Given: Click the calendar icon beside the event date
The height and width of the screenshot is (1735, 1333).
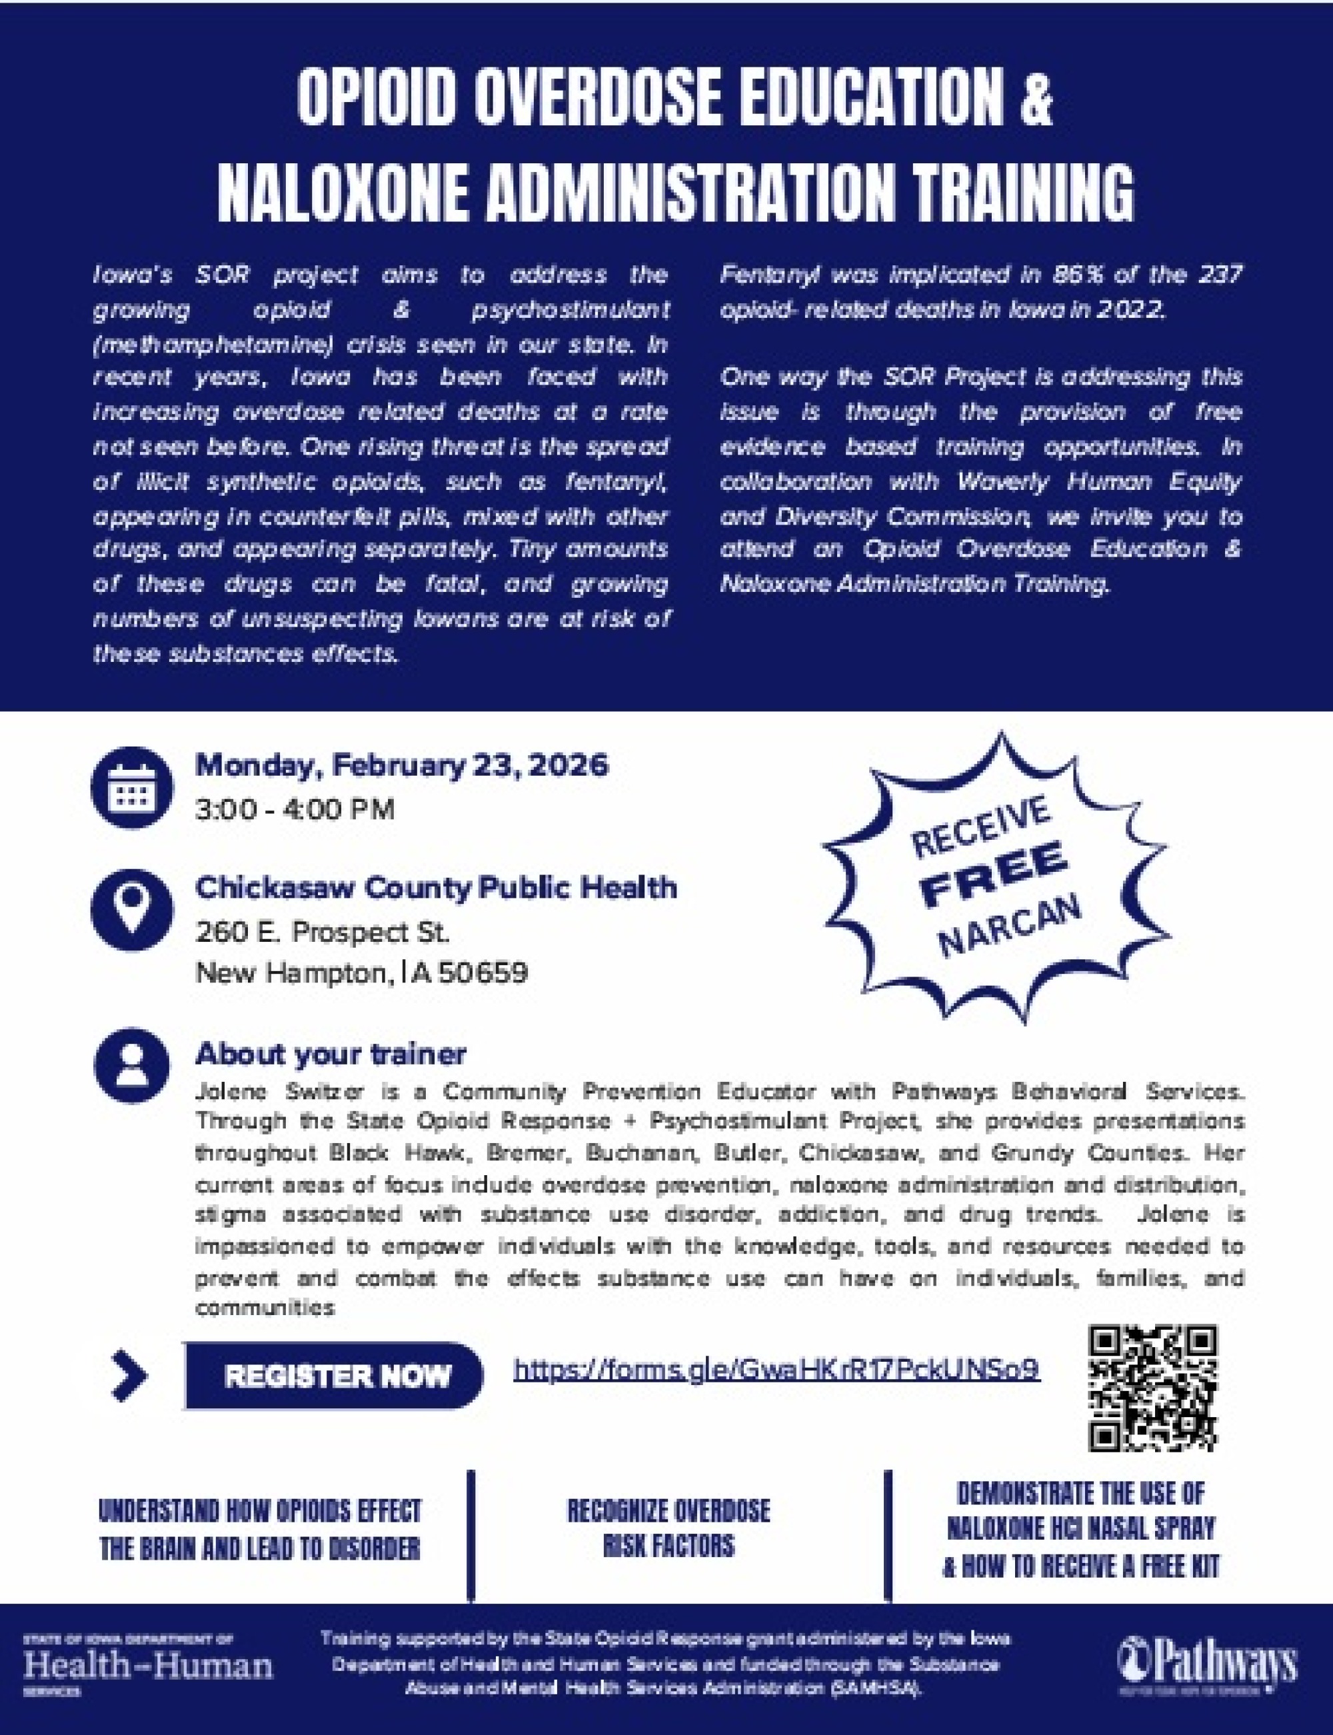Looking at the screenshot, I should (132, 787).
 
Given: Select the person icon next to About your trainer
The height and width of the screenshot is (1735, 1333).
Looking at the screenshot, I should (132, 1065).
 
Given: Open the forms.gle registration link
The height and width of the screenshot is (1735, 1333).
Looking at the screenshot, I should (776, 1370).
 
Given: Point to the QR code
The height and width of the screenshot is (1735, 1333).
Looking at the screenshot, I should (1153, 1388).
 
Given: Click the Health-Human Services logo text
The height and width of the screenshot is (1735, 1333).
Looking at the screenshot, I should (149, 1664).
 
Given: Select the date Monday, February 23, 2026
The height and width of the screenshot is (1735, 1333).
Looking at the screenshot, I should (401, 766).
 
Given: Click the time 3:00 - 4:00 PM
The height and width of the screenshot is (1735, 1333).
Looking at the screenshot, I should (295, 810).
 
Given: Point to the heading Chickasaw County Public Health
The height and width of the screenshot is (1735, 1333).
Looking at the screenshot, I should (437, 887).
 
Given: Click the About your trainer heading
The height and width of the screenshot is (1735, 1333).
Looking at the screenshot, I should (331, 1054).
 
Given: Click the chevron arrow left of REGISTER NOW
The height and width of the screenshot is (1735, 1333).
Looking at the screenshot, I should (130, 1376).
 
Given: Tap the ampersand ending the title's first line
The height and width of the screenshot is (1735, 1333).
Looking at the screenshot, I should (1036, 99).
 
